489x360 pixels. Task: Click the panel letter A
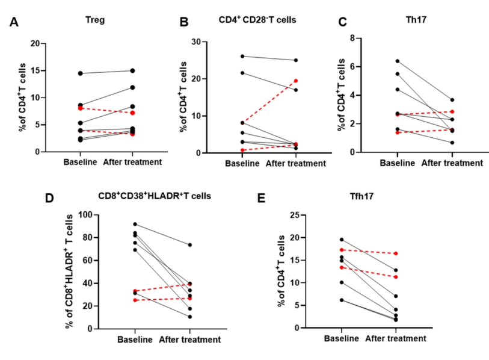coord(13,23)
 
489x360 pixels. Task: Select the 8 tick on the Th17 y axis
coord(357,38)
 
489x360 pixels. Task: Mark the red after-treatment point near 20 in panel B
coord(296,80)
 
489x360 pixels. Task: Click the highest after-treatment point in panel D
coord(190,245)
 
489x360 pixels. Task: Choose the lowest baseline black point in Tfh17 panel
coord(342,300)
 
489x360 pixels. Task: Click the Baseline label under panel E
coord(342,339)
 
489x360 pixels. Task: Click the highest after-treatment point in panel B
coord(296,60)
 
